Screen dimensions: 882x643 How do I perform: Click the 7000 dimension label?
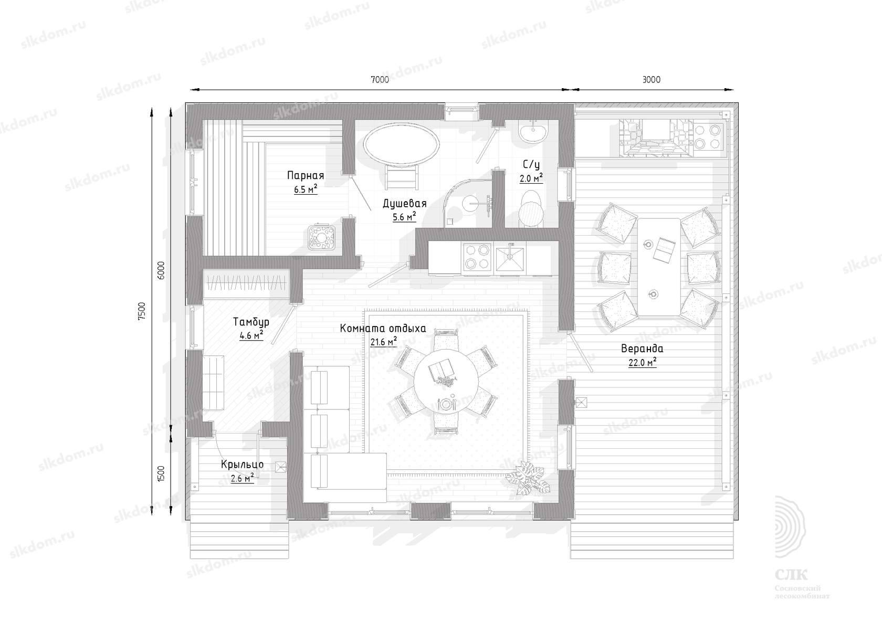(x=380, y=80)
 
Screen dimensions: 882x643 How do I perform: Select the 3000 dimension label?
(x=651, y=80)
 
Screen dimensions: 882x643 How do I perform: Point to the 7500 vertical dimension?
(x=142, y=311)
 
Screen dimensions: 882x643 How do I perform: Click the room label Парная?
(x=306, y=175)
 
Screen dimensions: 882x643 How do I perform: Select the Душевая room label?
(x=405, y=204)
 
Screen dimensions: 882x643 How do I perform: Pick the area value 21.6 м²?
(x=383, y=342)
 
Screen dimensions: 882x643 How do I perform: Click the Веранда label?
(x=642, y=349)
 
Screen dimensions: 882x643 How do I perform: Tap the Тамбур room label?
(x=251, y=322)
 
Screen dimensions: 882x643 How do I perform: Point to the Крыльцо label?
(x=242, y=465)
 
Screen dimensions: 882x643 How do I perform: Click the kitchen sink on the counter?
(x=511, y=258)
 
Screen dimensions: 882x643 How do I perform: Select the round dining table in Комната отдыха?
(x=446, y=380)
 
